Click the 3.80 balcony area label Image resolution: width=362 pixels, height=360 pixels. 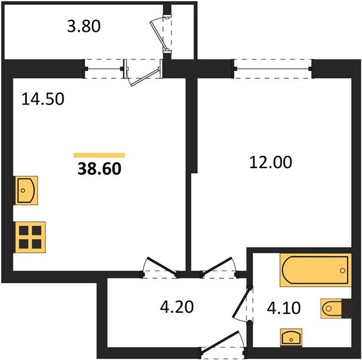tap(84, 26)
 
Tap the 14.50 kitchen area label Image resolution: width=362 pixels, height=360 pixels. tap(43, 99)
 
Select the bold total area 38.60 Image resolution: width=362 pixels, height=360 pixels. tap(99, 169)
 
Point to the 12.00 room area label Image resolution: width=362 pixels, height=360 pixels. tap(270, 162)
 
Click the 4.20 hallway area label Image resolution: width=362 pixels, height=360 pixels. tap(177, 307)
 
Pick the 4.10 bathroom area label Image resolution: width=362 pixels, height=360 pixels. tap(283, 308)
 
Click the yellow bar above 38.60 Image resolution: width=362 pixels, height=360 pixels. tap(99, 155)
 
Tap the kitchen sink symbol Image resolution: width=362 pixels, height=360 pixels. tap(26, 190)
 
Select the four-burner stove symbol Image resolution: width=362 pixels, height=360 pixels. tap(30, 237)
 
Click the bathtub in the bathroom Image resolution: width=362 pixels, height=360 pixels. tap(316, 270)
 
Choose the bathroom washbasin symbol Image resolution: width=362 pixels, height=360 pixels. tap(291, 338)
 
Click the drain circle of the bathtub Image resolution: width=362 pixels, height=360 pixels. tap(343, 271)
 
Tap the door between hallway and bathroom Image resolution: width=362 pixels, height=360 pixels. tap(241, 302)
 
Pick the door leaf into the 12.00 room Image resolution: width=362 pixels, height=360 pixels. tap(217, 266)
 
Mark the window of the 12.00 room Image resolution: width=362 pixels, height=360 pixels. tap(273, 68)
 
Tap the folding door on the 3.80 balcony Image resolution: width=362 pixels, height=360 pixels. tap(159, 35)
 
